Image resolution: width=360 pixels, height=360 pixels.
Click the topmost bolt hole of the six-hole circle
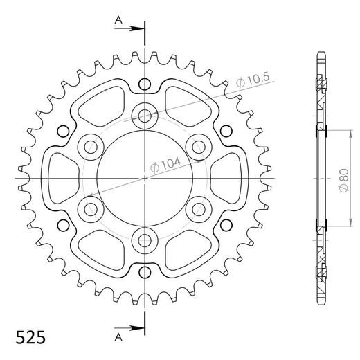(x=145, y=115)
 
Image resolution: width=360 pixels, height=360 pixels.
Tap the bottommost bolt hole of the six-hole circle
(x=145, y=240)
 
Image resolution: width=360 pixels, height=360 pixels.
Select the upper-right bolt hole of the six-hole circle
(x=199, y=146)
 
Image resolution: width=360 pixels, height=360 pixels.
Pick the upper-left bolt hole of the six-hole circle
(x=91, y=146)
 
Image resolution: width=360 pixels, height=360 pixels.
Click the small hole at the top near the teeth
(x=145, y=84)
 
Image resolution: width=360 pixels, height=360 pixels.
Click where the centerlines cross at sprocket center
(x=145, y=178)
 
